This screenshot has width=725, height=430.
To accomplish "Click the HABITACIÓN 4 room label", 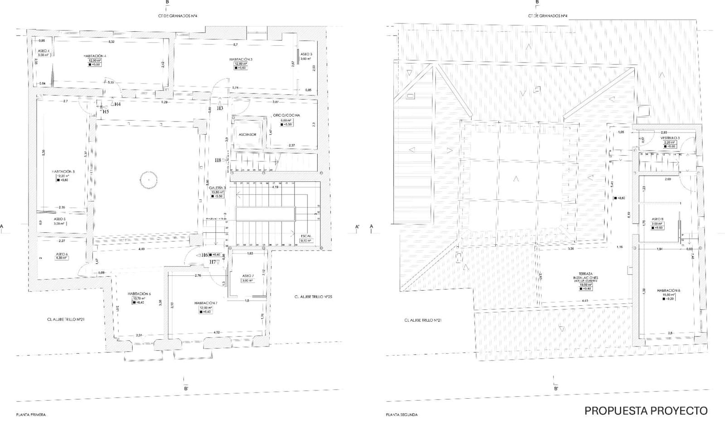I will coord(95,56).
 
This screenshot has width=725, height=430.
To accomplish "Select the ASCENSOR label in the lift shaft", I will coord(247,135).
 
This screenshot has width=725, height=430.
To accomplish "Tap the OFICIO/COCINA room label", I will coord(286,116).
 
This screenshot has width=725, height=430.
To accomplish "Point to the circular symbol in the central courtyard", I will coord(148,180).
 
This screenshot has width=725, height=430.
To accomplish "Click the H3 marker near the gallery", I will coord(220,108).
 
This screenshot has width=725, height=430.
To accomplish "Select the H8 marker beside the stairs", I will coord(218,160).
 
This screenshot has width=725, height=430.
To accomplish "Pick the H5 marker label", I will coord(106,111).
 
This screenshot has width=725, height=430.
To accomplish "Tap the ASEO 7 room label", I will coord(247,276).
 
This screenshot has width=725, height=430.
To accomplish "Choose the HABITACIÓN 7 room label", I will coord(206,303).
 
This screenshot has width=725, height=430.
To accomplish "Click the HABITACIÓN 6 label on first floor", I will coord(139,293).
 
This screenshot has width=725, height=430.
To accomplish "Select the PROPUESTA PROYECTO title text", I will coord(646,411).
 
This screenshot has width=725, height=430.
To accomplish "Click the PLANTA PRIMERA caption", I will coord(31,415).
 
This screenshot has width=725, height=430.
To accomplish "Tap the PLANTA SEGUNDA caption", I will coord(401,415).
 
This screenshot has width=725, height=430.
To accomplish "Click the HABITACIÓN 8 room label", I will coord(668,290).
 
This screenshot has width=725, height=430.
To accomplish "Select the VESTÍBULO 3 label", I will coord(670,138).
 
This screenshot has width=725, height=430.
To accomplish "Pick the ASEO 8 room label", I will coord(657,219).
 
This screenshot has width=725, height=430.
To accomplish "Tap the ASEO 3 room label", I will coord(306,54).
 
